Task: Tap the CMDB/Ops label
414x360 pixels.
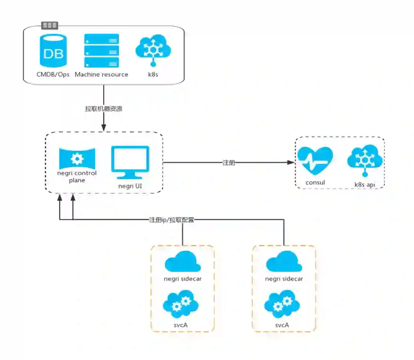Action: (x=53, y=74)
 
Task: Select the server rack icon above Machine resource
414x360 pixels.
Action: (x=102, y=51)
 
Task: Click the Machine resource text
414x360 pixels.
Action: (x=102, y=74)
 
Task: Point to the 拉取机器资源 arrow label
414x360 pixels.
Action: (x=103, y=109)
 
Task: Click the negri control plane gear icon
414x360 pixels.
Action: (x=77, y=158)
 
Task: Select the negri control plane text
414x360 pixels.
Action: (x=77, y=176)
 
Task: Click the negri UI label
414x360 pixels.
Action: (x=130, y=186)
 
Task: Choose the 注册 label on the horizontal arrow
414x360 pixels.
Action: (x=228, y=163)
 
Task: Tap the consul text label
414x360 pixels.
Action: (x=315, y=182)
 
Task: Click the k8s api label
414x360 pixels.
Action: (x=365, y=185)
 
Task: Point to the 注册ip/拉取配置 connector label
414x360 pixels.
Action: (x=171, y=220)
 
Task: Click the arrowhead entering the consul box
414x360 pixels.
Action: (x=292, y=163)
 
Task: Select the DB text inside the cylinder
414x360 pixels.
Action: (x=54, y=53)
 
